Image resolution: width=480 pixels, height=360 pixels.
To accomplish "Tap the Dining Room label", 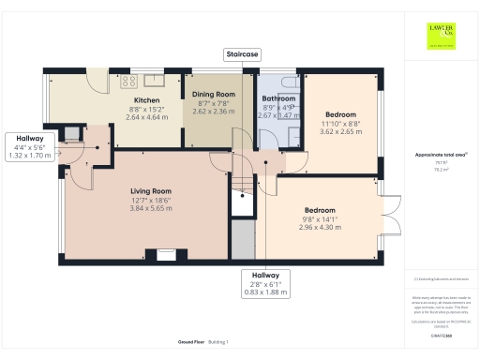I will [214, 94].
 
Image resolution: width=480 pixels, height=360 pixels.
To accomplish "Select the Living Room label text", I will [150, 190].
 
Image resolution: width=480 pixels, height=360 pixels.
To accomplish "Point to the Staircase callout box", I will [242, 55].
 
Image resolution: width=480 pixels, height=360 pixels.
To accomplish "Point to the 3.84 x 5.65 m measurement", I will [150, 208].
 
